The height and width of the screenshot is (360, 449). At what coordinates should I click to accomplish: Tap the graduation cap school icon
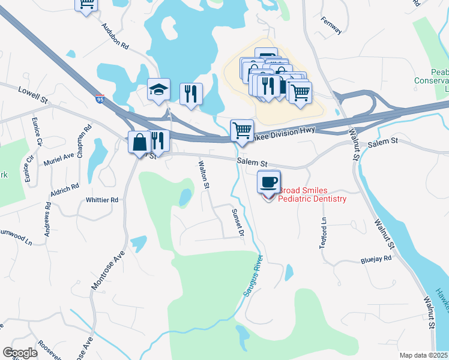(158, 91)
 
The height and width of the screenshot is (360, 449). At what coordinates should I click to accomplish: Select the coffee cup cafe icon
(268, 181)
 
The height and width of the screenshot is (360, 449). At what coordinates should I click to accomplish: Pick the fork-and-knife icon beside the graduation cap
(191, 94)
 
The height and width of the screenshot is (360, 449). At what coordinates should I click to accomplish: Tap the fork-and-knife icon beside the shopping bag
(158, 142)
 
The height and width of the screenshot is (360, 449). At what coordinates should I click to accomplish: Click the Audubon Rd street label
(115, 36)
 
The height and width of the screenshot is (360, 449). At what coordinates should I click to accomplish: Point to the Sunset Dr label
(239, 221)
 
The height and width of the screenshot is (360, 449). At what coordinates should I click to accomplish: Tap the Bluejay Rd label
(376, 259)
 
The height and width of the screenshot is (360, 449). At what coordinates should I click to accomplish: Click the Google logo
(20, 353)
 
